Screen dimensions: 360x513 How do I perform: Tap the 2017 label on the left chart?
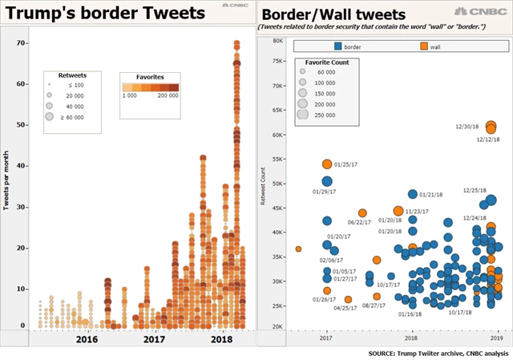[x=154, y=340]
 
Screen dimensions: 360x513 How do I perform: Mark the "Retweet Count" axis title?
[x=264, y=185]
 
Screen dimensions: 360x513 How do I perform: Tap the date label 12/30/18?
[x=467, y=125]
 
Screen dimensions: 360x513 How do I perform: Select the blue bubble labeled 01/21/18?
[x=413, y=194]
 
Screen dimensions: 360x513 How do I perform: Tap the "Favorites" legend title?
[x=151, y=76]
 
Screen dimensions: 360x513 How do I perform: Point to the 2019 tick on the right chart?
[x=496, y=339]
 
